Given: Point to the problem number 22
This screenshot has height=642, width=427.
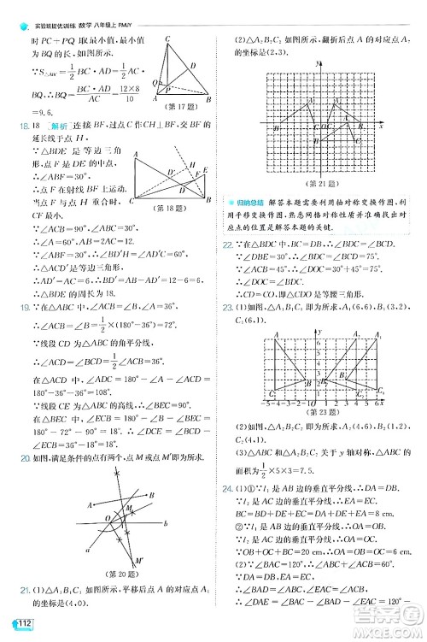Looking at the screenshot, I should [x=227, y=244].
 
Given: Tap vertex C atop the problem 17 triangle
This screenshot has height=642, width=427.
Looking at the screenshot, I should [x=168, y=38].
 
